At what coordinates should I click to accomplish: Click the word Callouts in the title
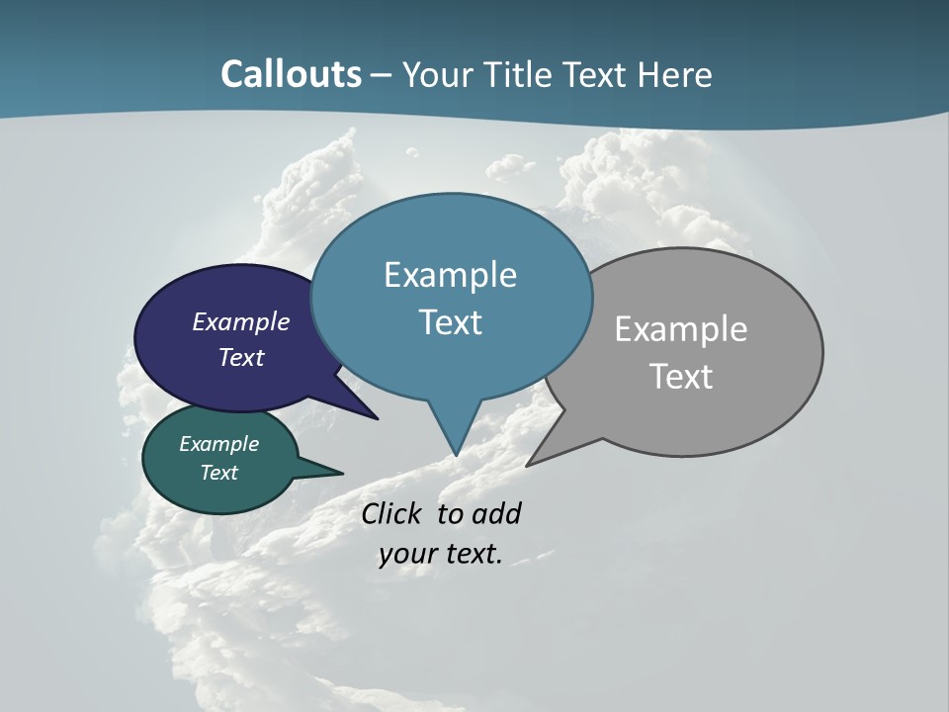point(291,74)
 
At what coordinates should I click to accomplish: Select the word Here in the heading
point(675,74)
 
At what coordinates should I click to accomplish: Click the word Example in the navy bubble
point(241,321)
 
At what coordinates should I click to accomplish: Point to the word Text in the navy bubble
point(241,357)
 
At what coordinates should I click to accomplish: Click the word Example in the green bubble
point(218,444)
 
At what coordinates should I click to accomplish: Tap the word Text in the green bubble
point(218,473)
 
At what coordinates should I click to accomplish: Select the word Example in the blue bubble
point(450,275)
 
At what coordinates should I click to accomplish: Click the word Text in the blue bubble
point(450,322)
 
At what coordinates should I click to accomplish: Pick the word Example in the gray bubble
point(681,328)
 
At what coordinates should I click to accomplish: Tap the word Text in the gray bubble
point(681,377)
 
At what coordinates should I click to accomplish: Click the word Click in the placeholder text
point(390,513)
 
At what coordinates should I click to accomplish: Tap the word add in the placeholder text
point(496,513)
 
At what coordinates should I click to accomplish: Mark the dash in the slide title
point(382,75)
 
